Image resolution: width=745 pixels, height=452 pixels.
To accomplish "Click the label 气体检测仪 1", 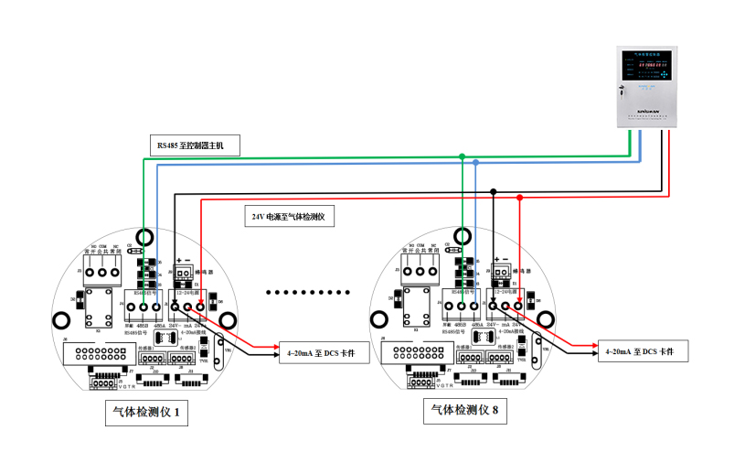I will click(x=148, y=414).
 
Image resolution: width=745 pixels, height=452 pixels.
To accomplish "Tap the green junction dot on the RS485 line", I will click(x=463, y=156).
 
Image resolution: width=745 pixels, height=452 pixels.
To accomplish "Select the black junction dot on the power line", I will click(x=494, y=191).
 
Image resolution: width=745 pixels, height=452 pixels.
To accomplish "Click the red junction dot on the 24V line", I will click(x=520, y=198).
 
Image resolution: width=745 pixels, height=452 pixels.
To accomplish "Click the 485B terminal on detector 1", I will click(x=144, y=308).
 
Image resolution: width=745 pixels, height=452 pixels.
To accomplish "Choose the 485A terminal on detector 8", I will click(x=476, y=308).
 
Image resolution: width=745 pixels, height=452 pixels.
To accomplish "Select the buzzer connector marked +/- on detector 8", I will click(x=501, y=272).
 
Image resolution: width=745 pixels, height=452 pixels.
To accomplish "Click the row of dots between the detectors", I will click(x=308, y=293).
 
